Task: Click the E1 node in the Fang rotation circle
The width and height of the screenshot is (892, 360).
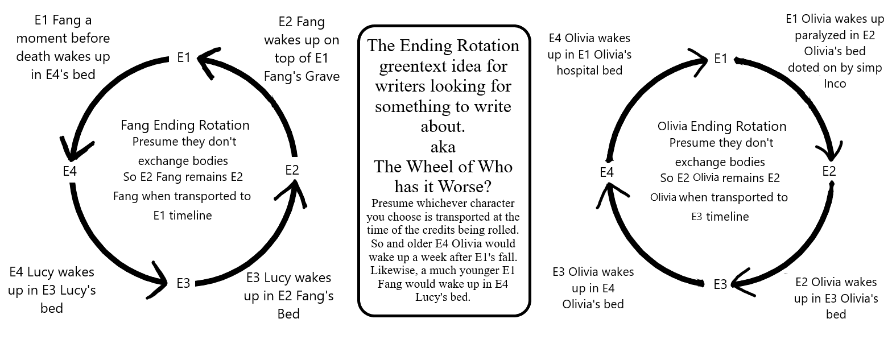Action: (184, 57)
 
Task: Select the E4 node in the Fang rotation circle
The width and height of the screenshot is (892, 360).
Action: (70, 170)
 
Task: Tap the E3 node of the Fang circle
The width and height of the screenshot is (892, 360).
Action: (183, 283)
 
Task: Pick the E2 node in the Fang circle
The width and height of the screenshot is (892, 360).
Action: (292, 169)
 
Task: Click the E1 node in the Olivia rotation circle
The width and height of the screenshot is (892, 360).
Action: (721, 59)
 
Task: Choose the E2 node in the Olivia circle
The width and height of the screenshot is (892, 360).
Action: (829, 171)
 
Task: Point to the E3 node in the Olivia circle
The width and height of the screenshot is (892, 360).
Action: (720, 284)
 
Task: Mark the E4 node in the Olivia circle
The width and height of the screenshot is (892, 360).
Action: (607, 171)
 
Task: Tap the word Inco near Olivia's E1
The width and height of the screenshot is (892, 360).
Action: (835, 84)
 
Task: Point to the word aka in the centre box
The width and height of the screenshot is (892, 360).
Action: (443, 147)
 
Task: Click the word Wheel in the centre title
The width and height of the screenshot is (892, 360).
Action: (443, 167)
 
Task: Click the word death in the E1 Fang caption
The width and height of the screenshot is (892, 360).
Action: (34, 56)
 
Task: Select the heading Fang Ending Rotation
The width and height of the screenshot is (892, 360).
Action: (185, 125)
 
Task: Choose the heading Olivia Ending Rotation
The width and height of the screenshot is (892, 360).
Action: (722, 126)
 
